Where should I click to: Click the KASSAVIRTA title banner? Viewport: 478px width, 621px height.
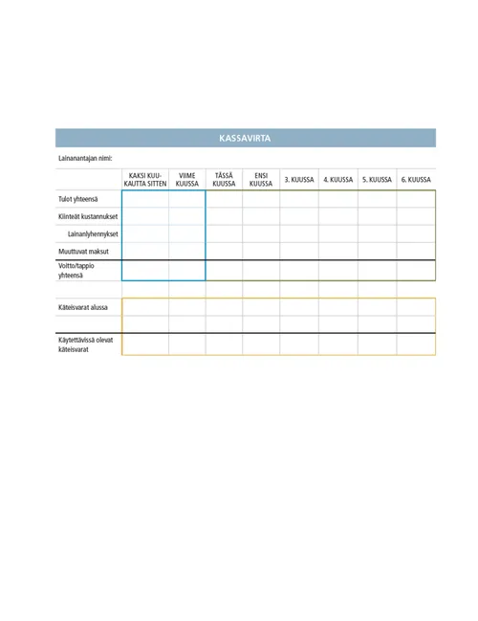coord(245,139)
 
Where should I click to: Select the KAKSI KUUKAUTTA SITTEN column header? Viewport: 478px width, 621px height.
coord(145,180)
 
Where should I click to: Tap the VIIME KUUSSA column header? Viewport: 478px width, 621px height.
coord(187,180)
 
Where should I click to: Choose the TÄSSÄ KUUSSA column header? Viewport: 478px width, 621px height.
coord(224,180)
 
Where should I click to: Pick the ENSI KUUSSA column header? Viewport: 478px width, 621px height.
coord(261,180)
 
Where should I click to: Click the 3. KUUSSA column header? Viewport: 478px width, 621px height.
coord(299,180)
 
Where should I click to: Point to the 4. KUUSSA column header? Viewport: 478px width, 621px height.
coord(338,180)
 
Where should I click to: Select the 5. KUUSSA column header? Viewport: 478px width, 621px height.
coord(377,180)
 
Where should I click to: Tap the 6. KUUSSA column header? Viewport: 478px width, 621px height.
coord(416,180)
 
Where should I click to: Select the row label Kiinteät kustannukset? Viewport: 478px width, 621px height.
coord(87,216)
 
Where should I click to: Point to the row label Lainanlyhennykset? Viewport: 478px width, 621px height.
coord(92,233)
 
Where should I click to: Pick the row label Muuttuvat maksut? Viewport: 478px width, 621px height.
coord(83,251)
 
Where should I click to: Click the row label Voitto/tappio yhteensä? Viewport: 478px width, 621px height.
coord(76,270)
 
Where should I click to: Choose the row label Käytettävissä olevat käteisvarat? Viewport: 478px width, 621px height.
coord(85,344)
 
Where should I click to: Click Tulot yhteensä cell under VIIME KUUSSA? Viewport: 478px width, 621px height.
coord(187,199)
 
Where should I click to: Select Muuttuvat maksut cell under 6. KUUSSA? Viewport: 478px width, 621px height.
coord(416,251)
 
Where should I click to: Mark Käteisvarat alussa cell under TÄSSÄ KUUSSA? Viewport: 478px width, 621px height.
coord(224,307)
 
